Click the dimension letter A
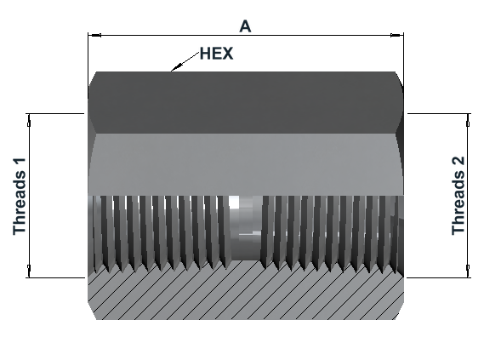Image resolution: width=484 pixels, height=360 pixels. coord(245,26)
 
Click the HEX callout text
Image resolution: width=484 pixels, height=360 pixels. coord(216,54)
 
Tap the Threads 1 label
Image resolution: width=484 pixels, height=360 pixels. coord(19,197)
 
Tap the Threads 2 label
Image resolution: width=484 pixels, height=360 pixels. coord(458,196)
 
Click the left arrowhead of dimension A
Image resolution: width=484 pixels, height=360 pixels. coord(94,36)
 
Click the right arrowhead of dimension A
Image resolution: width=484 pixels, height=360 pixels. coord(397,36)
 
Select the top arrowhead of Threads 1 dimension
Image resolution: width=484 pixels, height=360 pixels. coord(29,120)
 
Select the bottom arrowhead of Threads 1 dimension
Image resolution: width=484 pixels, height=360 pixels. coord(29,271)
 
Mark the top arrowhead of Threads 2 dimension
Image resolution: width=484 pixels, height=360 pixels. coord(468,120)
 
